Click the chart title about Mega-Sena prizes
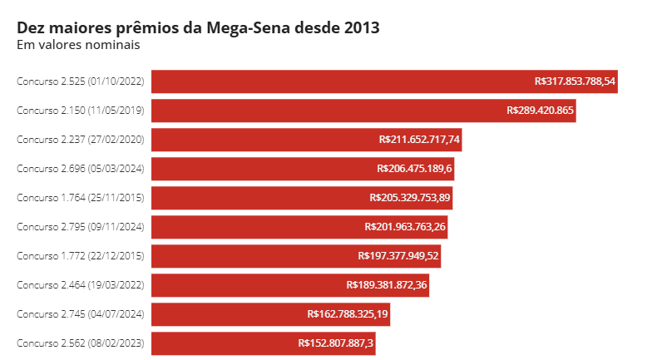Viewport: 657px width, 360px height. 198,27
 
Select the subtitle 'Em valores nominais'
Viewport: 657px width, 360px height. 78,45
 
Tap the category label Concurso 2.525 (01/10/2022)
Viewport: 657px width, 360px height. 81,81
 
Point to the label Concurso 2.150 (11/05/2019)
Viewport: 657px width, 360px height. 81,111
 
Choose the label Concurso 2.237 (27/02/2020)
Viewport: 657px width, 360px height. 81,140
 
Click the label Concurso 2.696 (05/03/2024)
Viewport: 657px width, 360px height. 81,169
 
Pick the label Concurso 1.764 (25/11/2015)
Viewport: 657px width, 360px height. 81,198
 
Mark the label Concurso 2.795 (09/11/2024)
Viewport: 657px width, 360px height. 81,227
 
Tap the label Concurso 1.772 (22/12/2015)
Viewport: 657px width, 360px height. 81,256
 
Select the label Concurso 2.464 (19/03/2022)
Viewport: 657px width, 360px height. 81,285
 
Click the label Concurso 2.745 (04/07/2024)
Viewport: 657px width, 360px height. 81,314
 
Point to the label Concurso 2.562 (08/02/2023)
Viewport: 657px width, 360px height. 81,343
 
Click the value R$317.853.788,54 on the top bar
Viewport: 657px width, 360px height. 575,81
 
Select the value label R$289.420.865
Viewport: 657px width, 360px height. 540,111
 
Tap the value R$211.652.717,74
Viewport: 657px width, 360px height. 419,140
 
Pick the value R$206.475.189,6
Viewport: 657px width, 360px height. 414,169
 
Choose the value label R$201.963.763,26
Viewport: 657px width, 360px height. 405,227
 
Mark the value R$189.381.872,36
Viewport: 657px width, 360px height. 387,285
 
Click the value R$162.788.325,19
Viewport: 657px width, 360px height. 348,314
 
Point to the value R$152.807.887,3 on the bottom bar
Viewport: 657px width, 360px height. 336,343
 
